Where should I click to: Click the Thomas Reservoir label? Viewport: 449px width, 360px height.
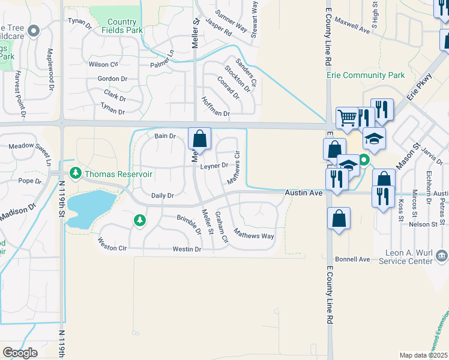[118, 174]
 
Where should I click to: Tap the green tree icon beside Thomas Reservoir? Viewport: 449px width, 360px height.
[76, 174]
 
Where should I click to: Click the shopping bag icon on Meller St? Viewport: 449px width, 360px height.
[200, 139]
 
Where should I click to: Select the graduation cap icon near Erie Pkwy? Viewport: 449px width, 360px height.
[374, 138]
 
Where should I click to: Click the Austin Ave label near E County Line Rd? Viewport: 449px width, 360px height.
[304, 192]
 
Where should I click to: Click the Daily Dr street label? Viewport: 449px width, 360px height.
[162, 196]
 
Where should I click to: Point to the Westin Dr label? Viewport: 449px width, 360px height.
[187, 249]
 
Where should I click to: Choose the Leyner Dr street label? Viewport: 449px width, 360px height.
[214, 166]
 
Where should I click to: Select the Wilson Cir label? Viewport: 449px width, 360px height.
[103, 64]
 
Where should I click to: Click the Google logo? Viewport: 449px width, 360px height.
[20, 353]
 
